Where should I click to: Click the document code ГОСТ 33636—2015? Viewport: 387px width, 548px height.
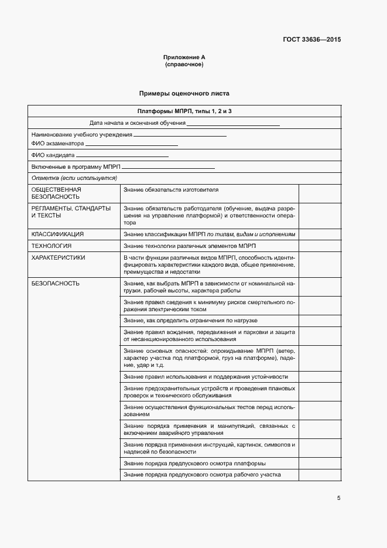click(311, 40)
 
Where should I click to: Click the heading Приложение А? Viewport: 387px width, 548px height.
click(184, 57)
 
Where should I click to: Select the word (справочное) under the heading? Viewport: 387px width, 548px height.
click(184, 64)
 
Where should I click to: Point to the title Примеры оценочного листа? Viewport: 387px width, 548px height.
click(184, 93)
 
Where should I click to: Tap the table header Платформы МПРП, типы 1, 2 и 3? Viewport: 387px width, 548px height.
click(184, 111)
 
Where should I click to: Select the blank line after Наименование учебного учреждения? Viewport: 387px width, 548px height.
click(180, 136)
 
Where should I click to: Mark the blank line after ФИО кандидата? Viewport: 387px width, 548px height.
click(122, 157)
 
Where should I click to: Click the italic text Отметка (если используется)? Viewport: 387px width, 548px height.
click(74, 178)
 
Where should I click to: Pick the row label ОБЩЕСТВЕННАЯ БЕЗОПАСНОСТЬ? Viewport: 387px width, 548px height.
click(56, 193)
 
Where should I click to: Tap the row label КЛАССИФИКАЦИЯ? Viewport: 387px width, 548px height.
click(57, 234)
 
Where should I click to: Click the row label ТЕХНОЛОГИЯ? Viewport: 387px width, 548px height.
click(52, 246)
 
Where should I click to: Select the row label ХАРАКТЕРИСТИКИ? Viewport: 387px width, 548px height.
click(58, 257)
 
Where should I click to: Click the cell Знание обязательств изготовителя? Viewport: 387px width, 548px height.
click(171, 190)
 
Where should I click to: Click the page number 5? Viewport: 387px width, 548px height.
click(338, 498)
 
